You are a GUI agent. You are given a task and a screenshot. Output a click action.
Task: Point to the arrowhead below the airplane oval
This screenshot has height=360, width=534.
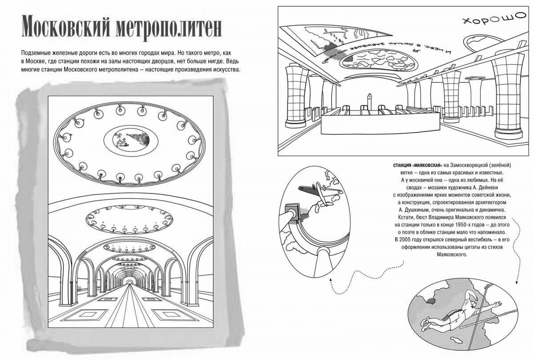(x=331, y=281)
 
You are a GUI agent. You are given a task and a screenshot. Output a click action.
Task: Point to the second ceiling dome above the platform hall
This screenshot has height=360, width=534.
(x=129, y=215)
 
